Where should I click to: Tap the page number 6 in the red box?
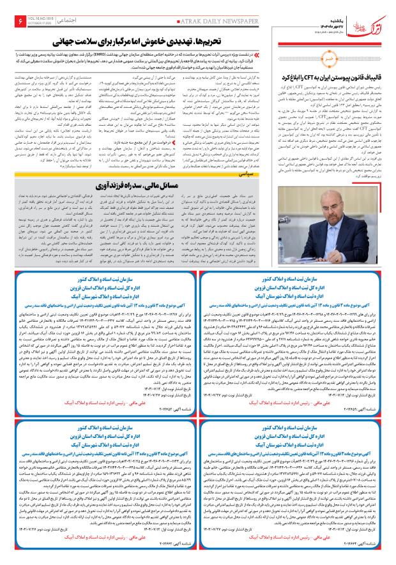(x=19, y=22)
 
